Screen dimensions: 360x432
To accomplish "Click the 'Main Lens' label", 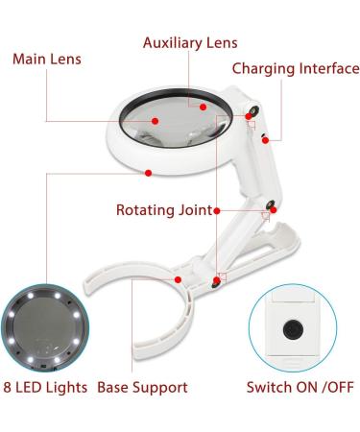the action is [x=46, y=60].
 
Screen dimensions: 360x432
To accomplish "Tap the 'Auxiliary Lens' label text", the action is [x=189, y=43].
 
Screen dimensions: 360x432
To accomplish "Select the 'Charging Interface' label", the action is [x=296, y=69].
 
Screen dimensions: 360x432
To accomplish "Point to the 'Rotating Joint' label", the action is [x=163, y=210].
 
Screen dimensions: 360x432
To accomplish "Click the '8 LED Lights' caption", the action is [x=44, y=388].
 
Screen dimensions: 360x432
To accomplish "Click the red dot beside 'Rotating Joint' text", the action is [x=219, y=210].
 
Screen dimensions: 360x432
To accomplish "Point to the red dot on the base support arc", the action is [x=179, y=279].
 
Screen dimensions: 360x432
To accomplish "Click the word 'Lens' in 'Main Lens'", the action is [x=64, y=60].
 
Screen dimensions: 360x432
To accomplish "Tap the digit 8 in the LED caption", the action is [x=7, y=388].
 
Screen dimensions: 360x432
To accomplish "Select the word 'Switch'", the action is [x=267, y=388].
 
